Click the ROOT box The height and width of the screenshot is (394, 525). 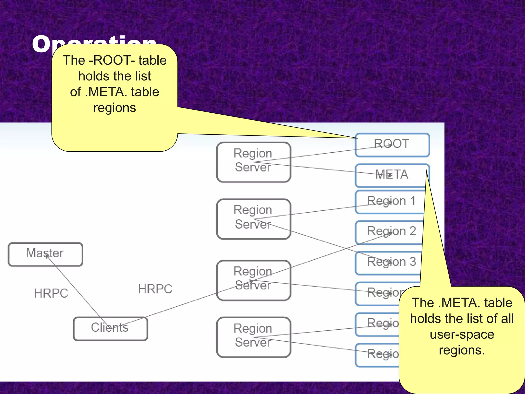392,145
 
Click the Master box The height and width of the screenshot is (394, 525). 45,254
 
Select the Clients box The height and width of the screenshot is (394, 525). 110,328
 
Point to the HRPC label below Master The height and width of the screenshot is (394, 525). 51,293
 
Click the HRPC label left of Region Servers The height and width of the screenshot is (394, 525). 155,289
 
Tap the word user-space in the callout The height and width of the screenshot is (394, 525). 462,334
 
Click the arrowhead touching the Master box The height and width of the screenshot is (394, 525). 47,256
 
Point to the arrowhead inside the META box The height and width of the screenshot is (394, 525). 390,175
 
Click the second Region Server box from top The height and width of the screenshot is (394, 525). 253,219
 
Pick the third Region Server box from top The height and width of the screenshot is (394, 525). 253,280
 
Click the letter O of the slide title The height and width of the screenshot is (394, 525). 41,44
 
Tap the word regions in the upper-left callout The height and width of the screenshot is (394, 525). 114,108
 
